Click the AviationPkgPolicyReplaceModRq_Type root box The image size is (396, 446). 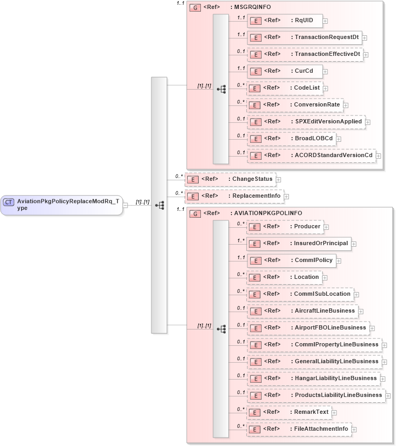[x=62, y=205]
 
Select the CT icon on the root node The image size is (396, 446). [x=8, y=202]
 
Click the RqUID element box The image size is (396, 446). [x=285, y=21]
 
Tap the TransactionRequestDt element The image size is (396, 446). [x=304, y=37]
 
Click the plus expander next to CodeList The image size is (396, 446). [x=325, y=89]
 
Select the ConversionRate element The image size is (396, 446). [x=295, y=105]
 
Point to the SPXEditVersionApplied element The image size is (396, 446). [x=305, y=122]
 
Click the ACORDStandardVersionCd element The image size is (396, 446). [x=311, y=156]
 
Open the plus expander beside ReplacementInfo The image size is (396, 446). [x=286, y=197]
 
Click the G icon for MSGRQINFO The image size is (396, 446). [x=195, y=8]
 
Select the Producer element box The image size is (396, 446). [x=285, y=227]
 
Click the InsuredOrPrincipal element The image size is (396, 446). [x=299, y=244]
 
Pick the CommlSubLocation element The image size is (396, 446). [x=300, y=294]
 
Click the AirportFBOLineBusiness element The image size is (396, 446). [x=308, y=328]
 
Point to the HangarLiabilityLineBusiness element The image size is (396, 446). [x=313, y=379]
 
